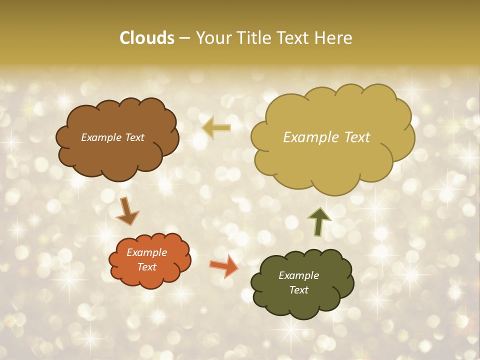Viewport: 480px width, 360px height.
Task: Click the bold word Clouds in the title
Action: pyautogui.click(x=147, y=37)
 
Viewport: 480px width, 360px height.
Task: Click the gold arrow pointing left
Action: pyautogui.click(x=216, y=128)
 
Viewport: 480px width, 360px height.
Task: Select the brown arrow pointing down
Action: pyautogui.click(x=127, y=211)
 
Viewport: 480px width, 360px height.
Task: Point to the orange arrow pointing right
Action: pyautogui.click(x=224, y=266)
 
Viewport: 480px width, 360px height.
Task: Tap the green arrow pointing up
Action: pyautogui.click(x=319, y=221)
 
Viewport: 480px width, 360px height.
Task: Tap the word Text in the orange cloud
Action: pyautogui.click(x=147, y=267)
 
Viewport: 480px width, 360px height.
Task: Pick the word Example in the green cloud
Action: pyautogui.click(x=298, y=275)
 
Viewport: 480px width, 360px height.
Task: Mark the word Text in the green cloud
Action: pyautogui.click(x=298, y=290)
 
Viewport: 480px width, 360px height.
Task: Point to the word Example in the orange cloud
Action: pyautogui.click(x=147, y=252)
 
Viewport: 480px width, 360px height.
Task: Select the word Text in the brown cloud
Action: pyautogui.click(x=134, y=137)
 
